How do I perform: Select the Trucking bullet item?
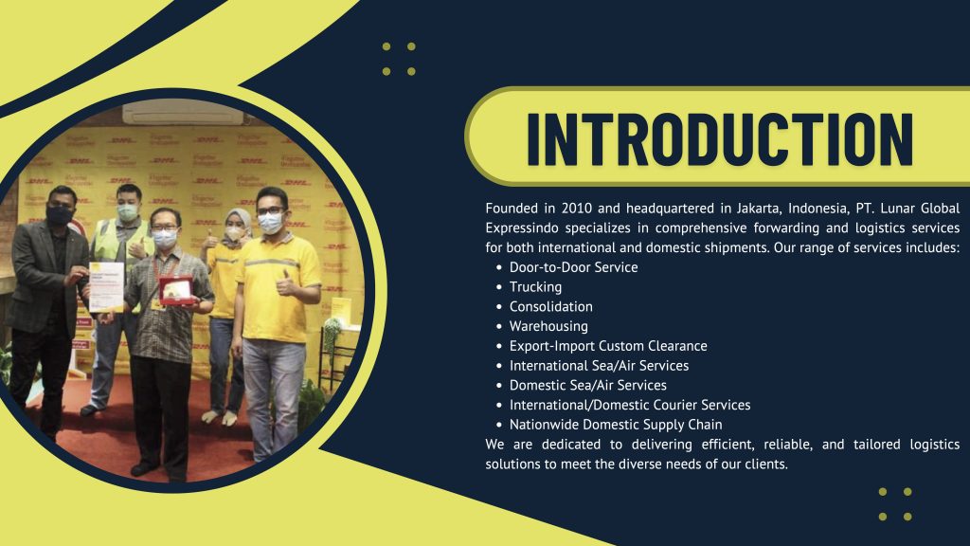coord(535,287)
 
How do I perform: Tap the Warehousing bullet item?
coord(548,326)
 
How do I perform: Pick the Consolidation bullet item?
coord(550,306)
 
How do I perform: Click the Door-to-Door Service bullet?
coord(573,267)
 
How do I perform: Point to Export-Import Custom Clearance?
coord(608,346)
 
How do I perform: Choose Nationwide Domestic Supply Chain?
coord(616,425)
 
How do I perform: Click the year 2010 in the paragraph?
coord(575,208)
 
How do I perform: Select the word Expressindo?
coord(522,228)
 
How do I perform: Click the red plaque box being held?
coord(175,290)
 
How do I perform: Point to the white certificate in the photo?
coord(106,286)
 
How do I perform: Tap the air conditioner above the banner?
coord(183,112)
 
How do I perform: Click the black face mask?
coord(60,215)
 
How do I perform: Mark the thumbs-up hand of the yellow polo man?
coord(286,284)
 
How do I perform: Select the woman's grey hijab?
coord(240,224)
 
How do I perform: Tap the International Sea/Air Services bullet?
coord(599,366)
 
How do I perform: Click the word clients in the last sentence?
coord(765,464)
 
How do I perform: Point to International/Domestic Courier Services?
coord(630,405)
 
